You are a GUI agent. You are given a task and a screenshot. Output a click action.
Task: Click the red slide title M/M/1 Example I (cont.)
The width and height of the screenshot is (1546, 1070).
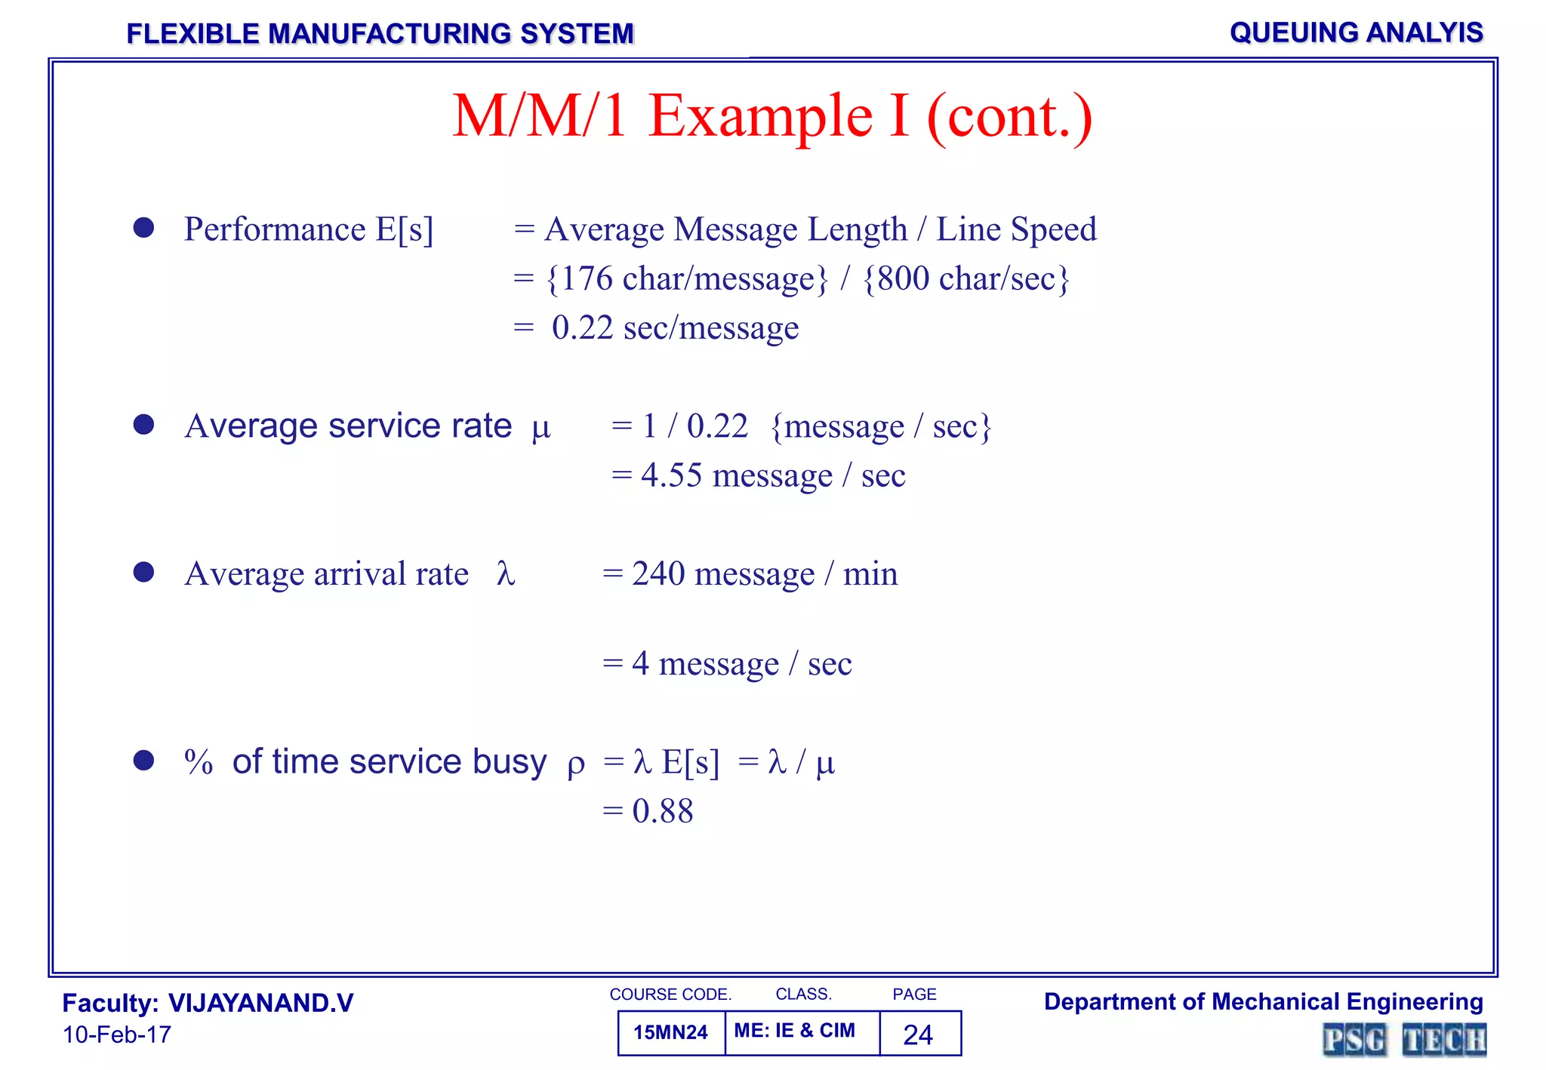(x=772, y=116)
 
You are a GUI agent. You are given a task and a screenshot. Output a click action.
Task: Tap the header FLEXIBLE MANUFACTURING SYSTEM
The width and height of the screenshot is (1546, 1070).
(x=380, y=34)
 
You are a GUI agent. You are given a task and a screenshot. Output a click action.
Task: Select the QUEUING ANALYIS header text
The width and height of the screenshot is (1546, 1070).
(x=1356, y=32)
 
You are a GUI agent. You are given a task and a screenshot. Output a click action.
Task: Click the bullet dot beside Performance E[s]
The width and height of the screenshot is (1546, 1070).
(x=143, y=228)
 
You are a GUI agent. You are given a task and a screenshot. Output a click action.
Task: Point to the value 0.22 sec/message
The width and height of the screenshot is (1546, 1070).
(x=675, y=327)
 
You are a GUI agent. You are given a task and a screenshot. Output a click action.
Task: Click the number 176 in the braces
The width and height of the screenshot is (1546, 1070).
(x=587, y=278)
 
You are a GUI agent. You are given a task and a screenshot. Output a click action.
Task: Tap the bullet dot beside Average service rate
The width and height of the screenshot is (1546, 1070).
(x=143, y=425)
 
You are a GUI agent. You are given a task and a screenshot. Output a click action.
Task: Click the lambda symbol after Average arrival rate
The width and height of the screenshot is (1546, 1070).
(x=506, y=573)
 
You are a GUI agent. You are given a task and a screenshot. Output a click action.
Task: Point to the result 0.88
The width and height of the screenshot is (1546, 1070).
(x=662, y=811)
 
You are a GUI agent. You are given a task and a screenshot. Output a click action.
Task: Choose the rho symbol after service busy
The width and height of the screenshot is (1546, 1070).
(x=575, y=764)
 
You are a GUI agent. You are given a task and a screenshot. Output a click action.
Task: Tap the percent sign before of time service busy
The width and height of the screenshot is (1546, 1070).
(x=199, y=762)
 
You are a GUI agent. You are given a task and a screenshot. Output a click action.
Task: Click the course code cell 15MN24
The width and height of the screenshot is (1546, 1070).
(x=670, y=1032)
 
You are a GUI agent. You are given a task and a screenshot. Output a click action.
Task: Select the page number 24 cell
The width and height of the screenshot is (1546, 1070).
(x=918, y=1034)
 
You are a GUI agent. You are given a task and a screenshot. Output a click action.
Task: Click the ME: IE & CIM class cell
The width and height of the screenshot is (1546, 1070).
(x=794, y=1031)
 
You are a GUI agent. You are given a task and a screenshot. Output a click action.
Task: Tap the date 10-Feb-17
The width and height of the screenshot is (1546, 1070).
(x=117, y=1035)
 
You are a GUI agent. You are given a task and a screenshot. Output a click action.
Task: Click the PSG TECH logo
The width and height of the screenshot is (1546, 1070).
(x=1404, y=1040)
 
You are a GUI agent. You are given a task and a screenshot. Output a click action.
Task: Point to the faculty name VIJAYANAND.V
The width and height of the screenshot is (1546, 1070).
(x=260, y=1003)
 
